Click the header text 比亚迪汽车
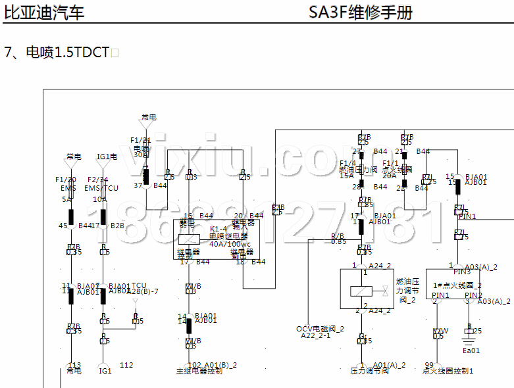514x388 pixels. click(44, 13)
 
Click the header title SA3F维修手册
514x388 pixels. click(361, 13)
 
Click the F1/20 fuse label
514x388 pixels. click(66, 180)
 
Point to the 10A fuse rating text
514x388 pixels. click(99, 199)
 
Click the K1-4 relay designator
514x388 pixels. click(218, 228)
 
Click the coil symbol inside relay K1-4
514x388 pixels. click(190, 239)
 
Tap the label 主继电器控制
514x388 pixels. click(199, 371)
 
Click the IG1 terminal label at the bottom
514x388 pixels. click(105, 371)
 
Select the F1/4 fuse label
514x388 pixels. click(347, 163)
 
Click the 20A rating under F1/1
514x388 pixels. click(390, 176)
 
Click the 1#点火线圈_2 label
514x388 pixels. click(459, 285)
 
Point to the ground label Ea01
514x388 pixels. click(471, 351)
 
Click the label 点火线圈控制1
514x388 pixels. click(448, 371)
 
